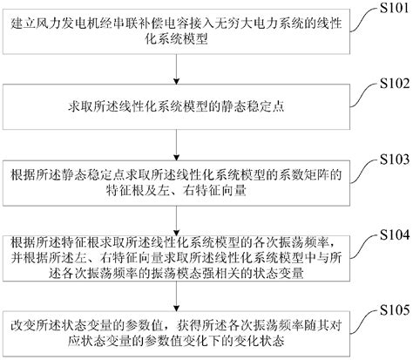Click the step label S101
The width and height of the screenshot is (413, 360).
coord(387,11)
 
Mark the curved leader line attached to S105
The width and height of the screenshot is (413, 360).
coord(355,319)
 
